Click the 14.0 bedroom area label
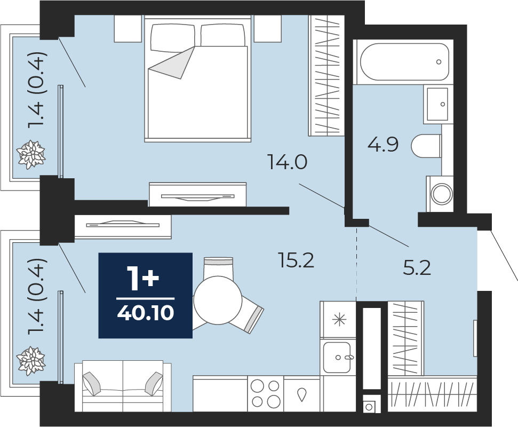point(288,162)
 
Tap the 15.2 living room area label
point(296,260)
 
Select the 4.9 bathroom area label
point(383,144)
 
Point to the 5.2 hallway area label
point(417,268)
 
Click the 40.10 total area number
point(145,313)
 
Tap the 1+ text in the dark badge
point(143,279)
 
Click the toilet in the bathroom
point(426,146)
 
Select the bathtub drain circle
point(439,62)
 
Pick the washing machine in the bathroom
point(440,194)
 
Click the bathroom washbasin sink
point(437,104)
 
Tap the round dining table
point(218,301)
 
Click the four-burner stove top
point(265,393)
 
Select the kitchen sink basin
point(337,357)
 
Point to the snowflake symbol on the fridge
point(339,320)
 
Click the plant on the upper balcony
point(31,154)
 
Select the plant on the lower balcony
point(31,361)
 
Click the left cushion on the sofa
point(91,383)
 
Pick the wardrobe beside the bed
point(326,76)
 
